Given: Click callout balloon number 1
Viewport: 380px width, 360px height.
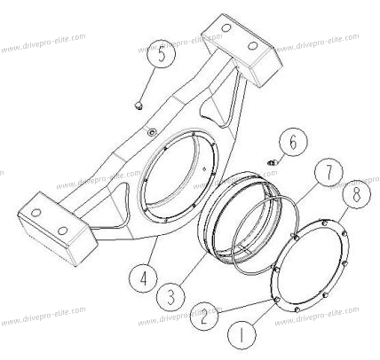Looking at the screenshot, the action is coord(241,335).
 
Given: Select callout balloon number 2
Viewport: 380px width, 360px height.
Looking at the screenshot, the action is coord(204,316).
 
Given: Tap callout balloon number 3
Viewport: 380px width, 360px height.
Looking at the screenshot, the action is coord(170,296).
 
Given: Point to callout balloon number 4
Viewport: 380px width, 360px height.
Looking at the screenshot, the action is coord(143,278).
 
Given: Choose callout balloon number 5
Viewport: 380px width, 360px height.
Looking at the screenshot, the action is coord(162,54).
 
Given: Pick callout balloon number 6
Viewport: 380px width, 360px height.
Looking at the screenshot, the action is coord(293,143).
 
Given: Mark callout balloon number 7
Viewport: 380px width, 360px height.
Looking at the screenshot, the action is coord(329,172).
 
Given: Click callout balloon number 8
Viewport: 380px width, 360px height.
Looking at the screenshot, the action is coord(356,194).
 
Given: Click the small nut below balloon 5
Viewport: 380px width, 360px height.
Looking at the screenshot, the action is coord(138,106).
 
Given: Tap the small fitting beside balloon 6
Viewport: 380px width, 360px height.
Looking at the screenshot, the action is coord(272,162).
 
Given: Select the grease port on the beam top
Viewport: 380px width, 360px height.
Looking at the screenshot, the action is coord(152,132).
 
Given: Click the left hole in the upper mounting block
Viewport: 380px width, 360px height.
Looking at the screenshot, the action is coord(226,28).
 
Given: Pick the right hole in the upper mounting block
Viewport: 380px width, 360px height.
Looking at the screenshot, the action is coord(253,46).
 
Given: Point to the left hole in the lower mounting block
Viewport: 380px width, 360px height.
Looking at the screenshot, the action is coord(36,213).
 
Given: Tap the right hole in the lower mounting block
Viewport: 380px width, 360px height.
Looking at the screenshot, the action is coord(62,231).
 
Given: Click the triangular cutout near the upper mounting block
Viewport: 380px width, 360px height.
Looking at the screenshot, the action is coord(218,111).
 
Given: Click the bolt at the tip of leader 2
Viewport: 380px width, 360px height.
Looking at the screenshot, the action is coord(277,300).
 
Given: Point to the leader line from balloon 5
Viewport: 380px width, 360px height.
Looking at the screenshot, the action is coord(147,85).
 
